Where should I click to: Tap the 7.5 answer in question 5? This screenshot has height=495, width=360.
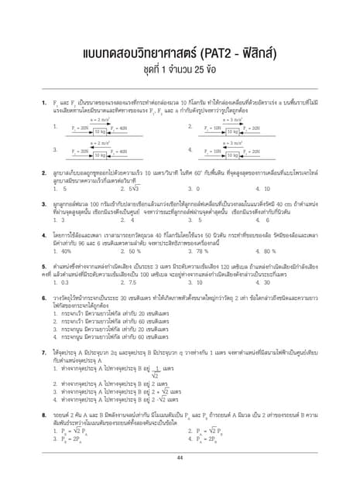click(129, 283)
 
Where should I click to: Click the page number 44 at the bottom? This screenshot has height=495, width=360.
click(180, 457)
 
